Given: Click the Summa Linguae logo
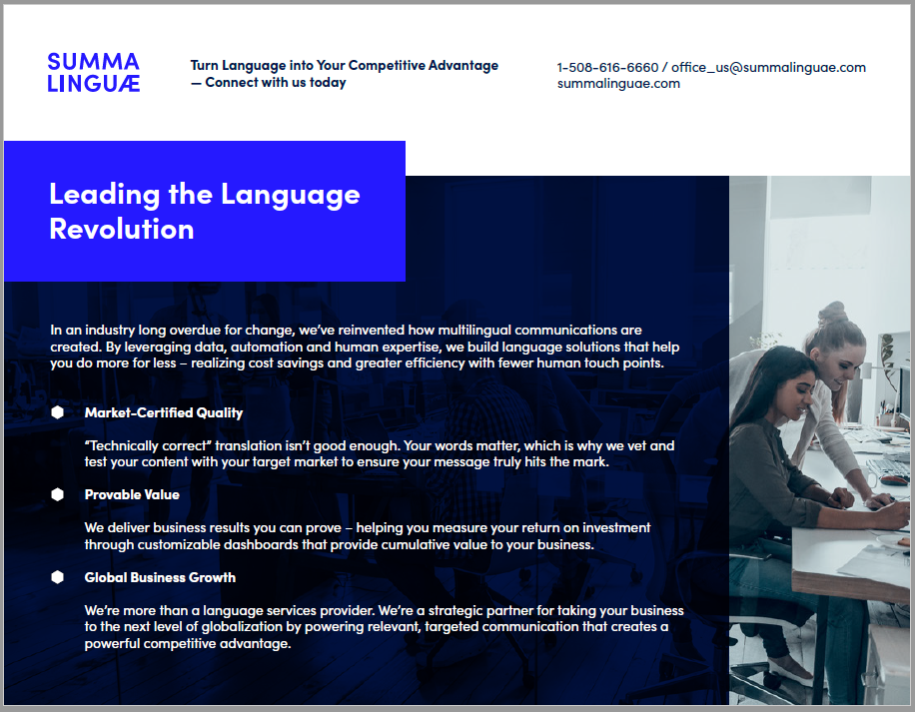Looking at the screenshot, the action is (x=93, y=72).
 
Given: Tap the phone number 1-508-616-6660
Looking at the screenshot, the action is (x=607, y=68).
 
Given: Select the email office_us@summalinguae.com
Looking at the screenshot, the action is (x=768, y=68).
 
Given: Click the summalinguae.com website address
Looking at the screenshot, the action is (x=618, y=84).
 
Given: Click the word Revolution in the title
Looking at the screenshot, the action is (x=122, y=229).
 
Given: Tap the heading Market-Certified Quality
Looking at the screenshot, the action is (x=164, y=412).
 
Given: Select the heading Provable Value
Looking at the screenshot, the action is (x=132, y=494).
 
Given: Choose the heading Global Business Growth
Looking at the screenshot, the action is (x=160, y=577).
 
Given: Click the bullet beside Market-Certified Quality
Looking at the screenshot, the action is (x=57, y=412).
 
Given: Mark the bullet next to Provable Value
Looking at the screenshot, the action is (x=57, y=494).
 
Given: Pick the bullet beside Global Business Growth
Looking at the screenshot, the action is (x=57, y=577).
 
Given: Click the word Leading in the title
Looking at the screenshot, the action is (x=104, y=195).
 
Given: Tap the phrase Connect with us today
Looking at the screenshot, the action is (x=276, y=83).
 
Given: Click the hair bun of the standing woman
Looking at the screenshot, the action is (x=833, y=311).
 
